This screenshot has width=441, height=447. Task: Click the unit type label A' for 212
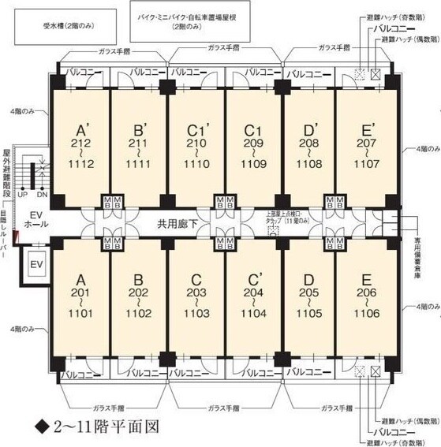pos(80,130)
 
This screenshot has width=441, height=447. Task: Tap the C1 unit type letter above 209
pos(252,130)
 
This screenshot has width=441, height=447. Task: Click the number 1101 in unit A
pos(80,312)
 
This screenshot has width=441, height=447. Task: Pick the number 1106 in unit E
pos(365,312)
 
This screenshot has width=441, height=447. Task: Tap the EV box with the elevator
pos(35,263)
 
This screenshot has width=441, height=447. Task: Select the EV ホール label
pos(34,219)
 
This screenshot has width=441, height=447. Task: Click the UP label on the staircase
pos(22,194)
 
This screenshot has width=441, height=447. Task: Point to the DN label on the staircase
pos(43,194)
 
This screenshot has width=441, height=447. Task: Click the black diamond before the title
pos(42,429)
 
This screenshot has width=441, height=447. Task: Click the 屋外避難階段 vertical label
pos(6,171)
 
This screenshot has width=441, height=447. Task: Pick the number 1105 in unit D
pos(309,312)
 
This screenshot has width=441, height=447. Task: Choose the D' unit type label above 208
pos(309,130)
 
